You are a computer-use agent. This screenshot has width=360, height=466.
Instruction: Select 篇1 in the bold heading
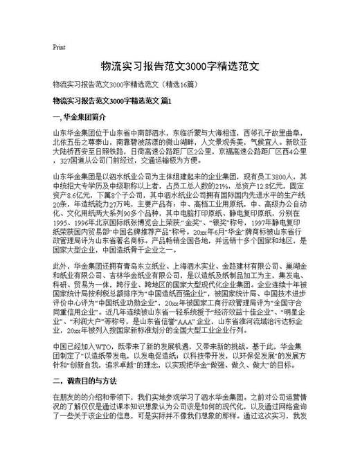[164, 101]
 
